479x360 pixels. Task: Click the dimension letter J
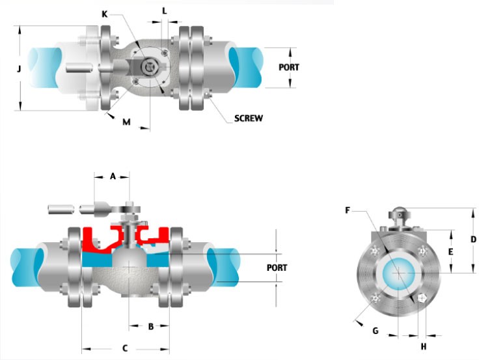tap(20, 68)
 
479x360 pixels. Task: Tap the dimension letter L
tap(164, 11)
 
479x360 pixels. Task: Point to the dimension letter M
tap(126, 121)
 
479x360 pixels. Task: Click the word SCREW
tap(248, 118)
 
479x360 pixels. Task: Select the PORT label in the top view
tap(289, 67)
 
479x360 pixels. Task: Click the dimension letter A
tap(113, 176)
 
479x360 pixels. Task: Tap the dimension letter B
tap(150, 327)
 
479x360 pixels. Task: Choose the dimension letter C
tap(125, 348)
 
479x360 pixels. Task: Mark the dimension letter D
tap(473, 239)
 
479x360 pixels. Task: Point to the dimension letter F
tap(348, 210)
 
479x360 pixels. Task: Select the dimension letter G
tap(375, 331)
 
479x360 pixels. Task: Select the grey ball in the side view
tap(130, 267)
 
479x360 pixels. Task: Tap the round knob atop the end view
tap(398, 213)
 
